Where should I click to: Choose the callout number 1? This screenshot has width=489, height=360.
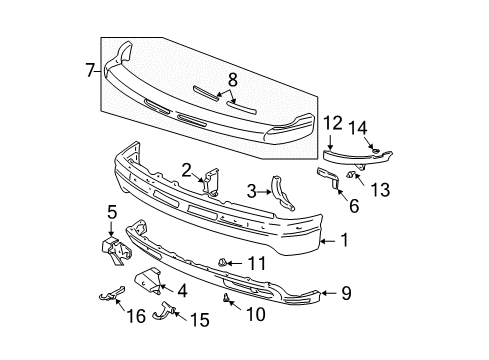pos(345,240)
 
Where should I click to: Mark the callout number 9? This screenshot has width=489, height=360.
pos(347,294)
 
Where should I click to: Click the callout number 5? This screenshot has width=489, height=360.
pos(112,211)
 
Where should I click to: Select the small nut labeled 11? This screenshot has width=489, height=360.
pos(223,262)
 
